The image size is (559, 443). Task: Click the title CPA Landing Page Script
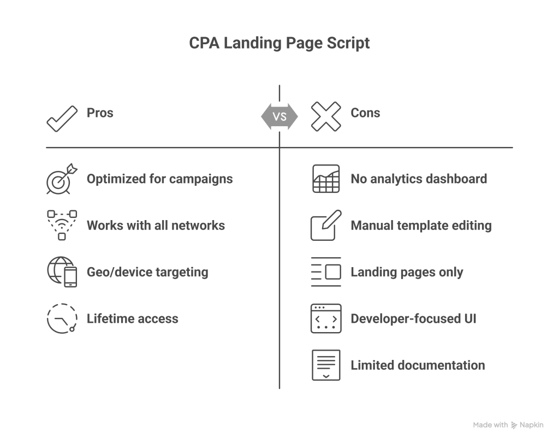click(279, 43)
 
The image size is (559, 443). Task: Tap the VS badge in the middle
click(279, 116)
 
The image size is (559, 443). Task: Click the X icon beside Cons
click(325, 116)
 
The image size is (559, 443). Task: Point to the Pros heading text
click(100, 113)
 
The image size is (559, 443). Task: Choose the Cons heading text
click(365, 113)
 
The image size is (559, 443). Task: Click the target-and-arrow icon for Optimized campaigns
click(61, 179)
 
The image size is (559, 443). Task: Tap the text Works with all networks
click(156, 225)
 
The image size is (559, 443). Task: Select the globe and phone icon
click(62, 271)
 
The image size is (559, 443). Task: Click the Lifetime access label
click(132, 318)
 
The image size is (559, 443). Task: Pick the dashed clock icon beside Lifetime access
click(61, 318)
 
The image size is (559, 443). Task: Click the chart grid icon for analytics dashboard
click(325, 179)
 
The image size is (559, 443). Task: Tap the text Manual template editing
click(421, 225)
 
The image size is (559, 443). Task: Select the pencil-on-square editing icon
click(325, 225)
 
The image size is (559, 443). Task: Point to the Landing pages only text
click(407, 272)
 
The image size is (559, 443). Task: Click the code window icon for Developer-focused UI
click(325, 318)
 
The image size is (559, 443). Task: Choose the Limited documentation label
click(418, 365)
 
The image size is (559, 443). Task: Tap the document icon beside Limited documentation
click(325, 365)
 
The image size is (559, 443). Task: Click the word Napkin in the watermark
click(532, 425)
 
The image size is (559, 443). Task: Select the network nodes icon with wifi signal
click(62, 225)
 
